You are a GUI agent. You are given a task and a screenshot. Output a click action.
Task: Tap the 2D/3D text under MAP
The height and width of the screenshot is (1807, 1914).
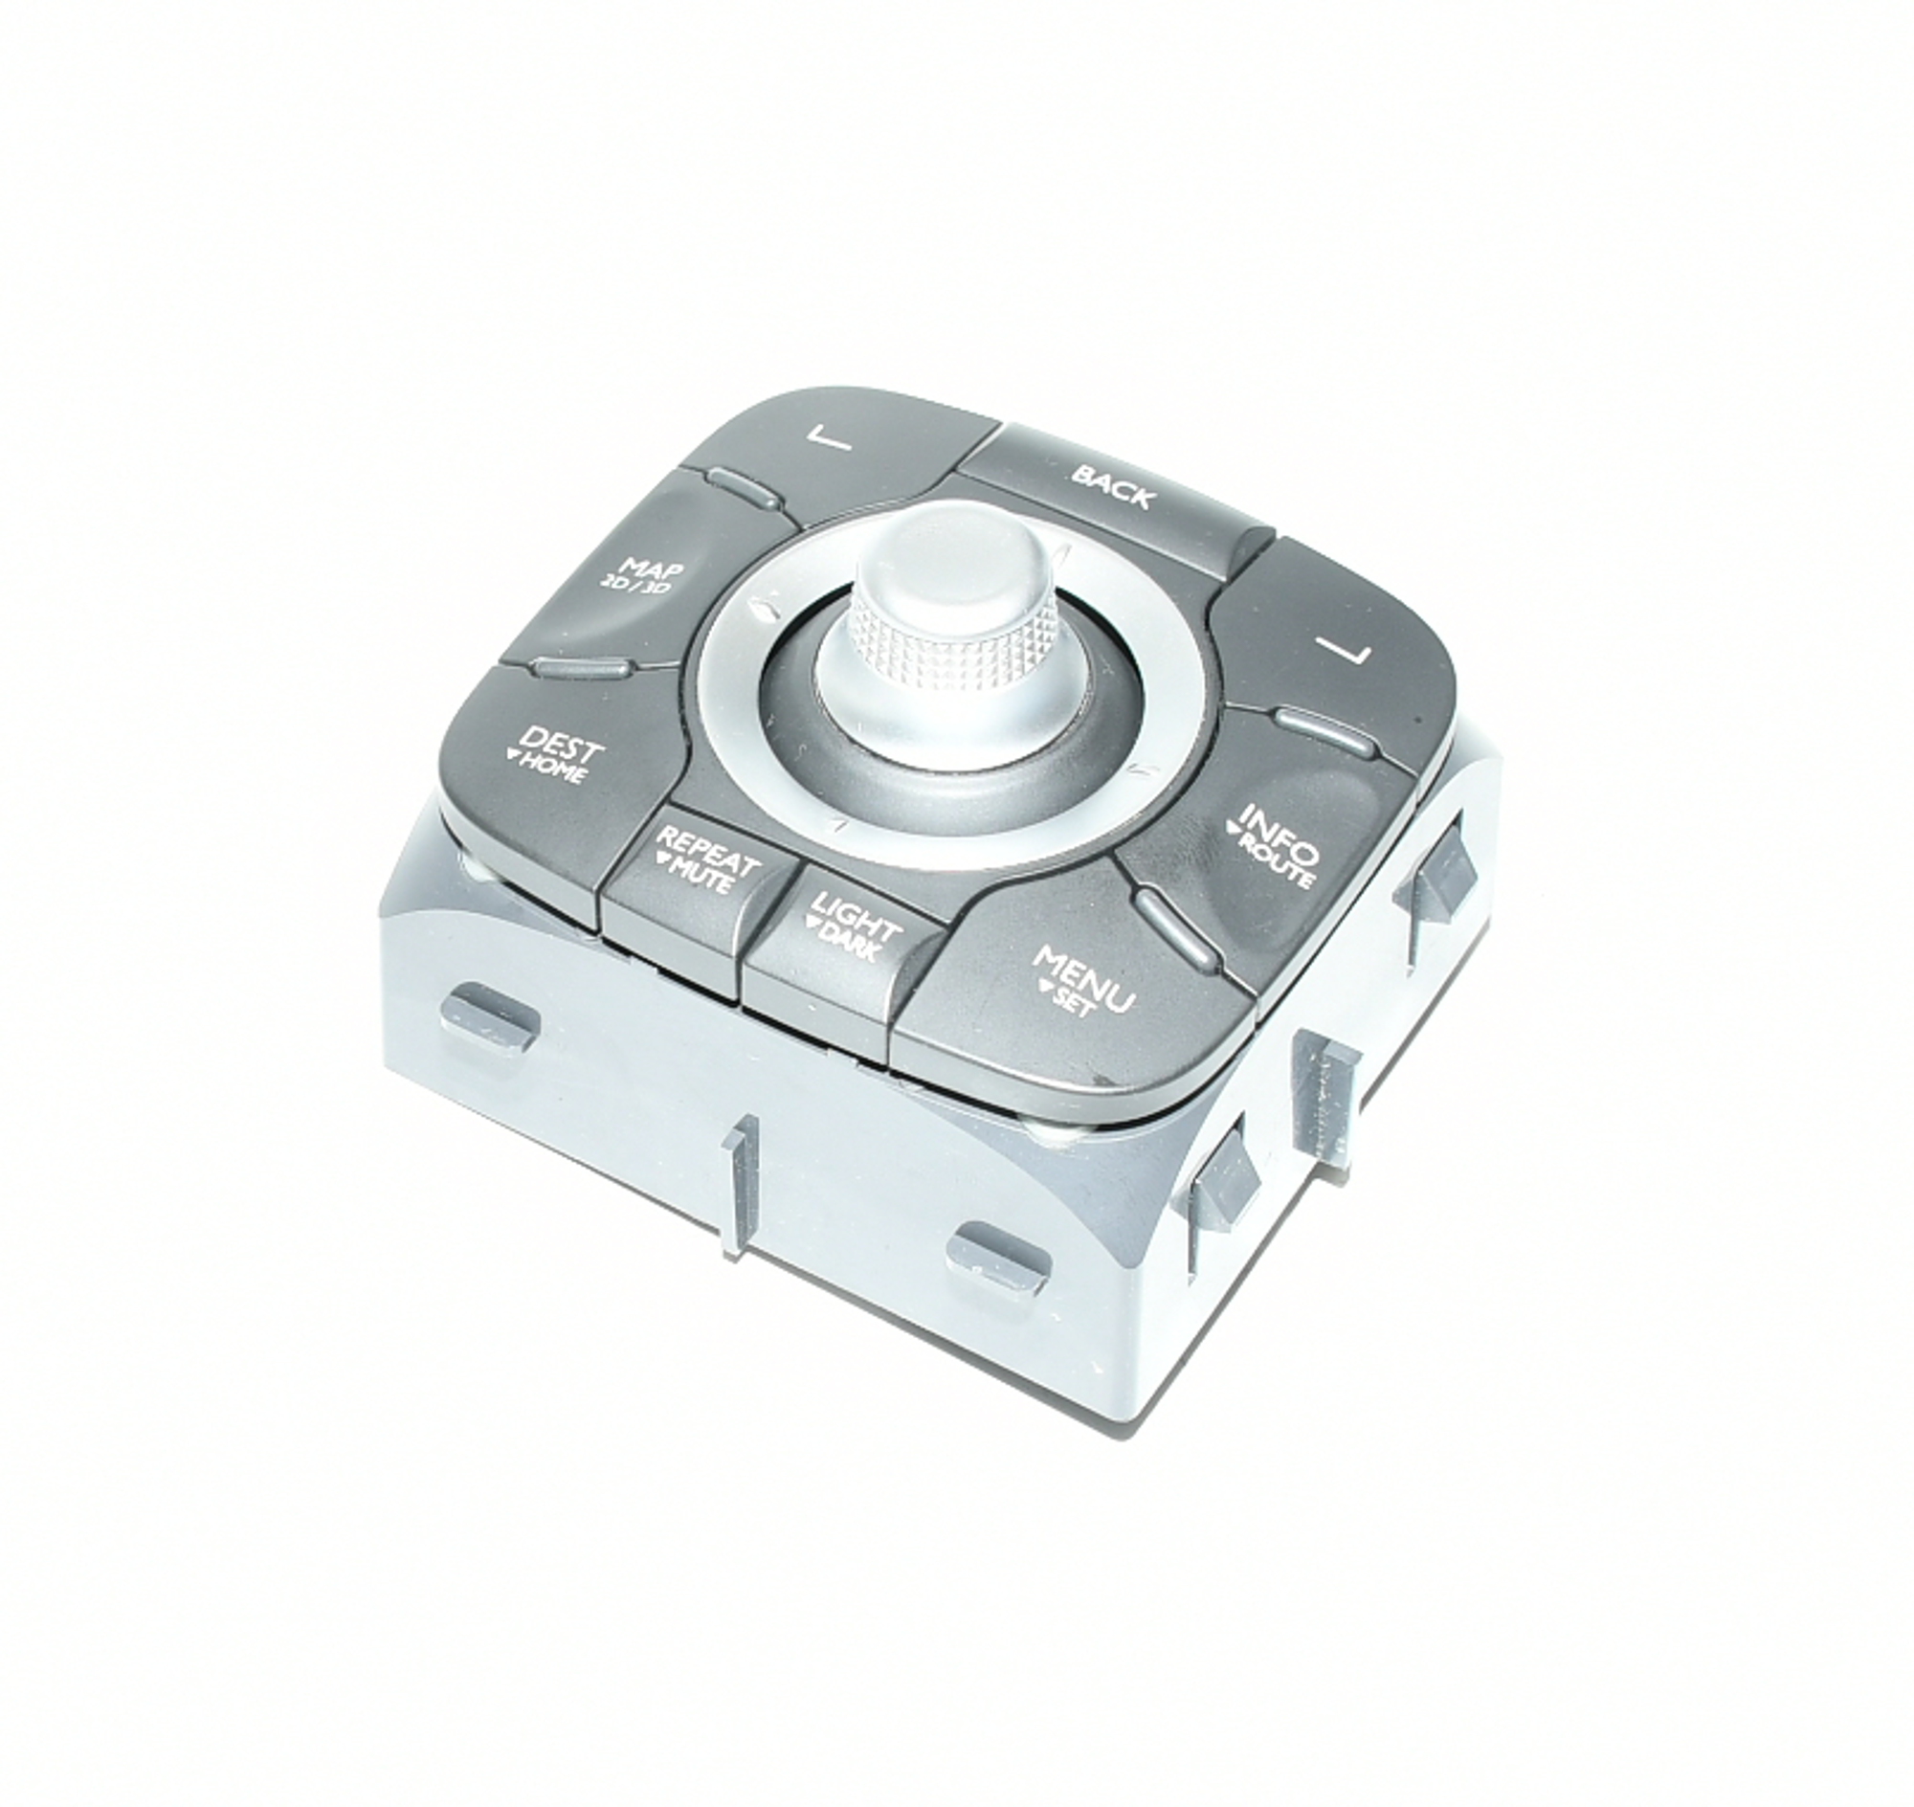point(635,588)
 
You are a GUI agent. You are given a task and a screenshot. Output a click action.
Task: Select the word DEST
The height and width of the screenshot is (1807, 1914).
point(563,745)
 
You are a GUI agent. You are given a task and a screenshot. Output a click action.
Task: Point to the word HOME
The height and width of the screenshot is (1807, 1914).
point(548,768)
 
